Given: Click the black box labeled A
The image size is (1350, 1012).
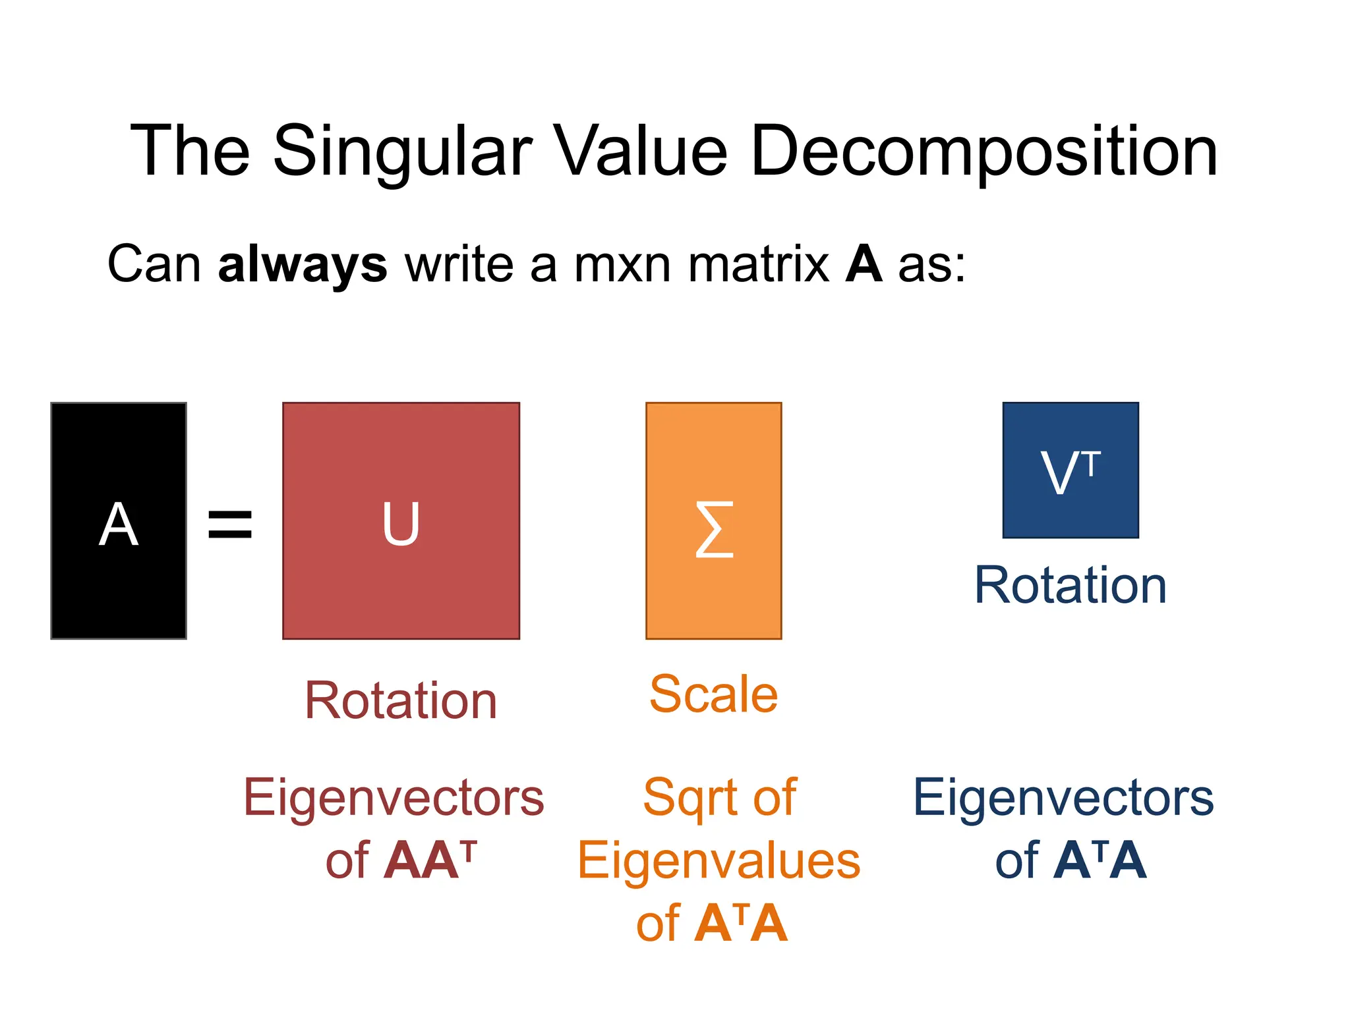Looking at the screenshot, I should (x=119, y=520).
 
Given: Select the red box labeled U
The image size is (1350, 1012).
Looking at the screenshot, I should (x=401, y=520).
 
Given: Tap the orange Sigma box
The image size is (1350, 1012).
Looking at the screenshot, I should (x=714, y=520).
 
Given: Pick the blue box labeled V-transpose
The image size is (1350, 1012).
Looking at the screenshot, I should (x=1071, y=470).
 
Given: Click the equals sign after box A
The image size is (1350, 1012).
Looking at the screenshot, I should (x=230, y=524).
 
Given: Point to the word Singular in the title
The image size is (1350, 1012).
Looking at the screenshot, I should (x=402, y=153).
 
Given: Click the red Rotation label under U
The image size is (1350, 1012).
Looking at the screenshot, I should (x=401, y=700).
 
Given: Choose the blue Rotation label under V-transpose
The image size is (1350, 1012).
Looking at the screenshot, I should (x=1071, y=585).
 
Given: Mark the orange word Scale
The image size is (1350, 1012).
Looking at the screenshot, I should (x=714, y=694).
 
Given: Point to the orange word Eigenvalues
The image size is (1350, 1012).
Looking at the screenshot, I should (x=719, y=861).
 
